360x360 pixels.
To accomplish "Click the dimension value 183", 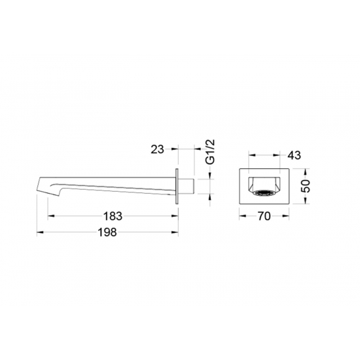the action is point(113,216).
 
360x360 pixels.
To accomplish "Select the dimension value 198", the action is point(107,232).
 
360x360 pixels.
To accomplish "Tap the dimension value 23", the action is point(158,149).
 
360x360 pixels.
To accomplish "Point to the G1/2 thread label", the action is point(210,152).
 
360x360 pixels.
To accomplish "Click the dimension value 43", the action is point(294,155).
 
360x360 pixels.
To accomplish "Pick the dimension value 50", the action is point(305,186).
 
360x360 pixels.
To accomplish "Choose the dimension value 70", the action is point(264,216).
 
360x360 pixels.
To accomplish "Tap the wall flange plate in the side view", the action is point(177,187).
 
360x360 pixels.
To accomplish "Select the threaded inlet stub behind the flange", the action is point(187,187).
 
